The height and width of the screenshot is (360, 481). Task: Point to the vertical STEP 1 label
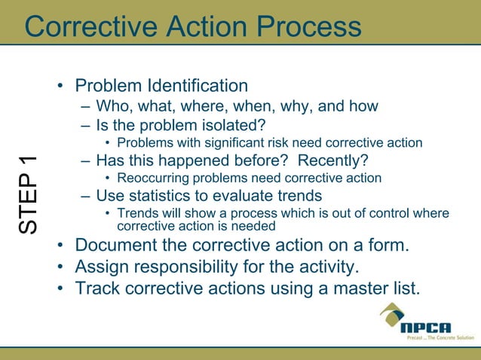[29, 194]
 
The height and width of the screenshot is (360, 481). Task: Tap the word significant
[213, 142]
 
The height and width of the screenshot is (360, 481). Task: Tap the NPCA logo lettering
[426, 328]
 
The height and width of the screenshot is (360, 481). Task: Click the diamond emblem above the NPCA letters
[393, 313]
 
